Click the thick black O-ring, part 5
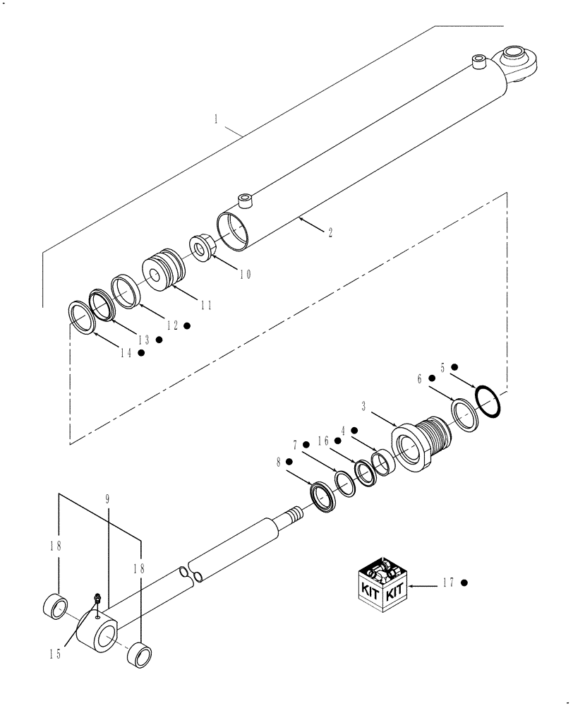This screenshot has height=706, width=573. tap(488, 400)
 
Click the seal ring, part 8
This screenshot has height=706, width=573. tap(325, 496)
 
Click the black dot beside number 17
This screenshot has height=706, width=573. tap(464, 583)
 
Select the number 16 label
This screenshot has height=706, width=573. tap(324, 440)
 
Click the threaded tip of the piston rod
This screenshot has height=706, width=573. tap(292, 515)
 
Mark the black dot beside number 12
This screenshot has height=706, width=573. tap(187, 325)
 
